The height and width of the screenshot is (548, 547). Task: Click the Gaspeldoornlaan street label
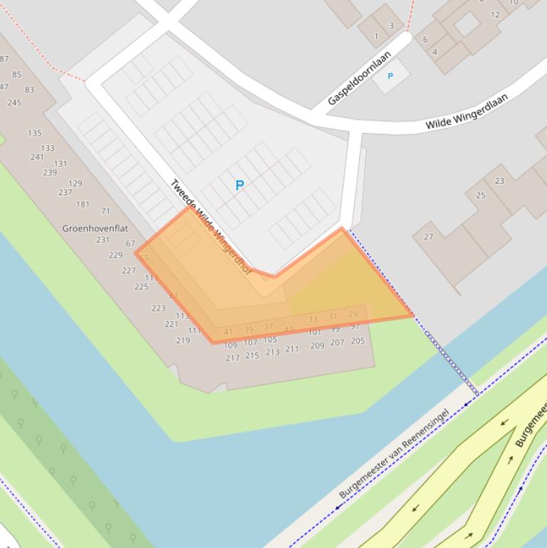tap(360, 78)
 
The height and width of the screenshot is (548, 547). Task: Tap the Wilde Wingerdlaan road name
tap(467, 111)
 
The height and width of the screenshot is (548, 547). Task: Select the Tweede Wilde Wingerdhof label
tap(211, 227)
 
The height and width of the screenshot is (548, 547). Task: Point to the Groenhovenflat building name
tap(95, 228)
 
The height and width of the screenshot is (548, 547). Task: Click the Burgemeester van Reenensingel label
tap(393, 454)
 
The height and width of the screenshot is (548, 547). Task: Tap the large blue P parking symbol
tap(240, 185)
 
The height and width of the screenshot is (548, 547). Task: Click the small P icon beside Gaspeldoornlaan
tap(390, 75)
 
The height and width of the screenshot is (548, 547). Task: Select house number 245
tap(14, 102)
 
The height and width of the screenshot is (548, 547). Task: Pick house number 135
tap(34, 133)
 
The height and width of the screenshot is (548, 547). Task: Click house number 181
tap(83, 204)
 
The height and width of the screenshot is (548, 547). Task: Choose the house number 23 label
tap(499, 181)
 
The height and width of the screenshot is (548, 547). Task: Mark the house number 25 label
tap(481, 195)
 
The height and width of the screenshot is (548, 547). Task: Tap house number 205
tap(358, 341)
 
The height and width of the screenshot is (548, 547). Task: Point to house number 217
tap(232, 358)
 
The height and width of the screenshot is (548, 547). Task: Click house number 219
tap(183, 340)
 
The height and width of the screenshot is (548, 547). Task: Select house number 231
tap(102, 240)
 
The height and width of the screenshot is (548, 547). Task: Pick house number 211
tap(292, 349)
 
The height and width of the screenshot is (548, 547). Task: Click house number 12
tap(495, 14)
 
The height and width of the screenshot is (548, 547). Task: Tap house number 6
tap(425, 39)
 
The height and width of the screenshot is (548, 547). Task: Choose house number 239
tap(50, 172)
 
